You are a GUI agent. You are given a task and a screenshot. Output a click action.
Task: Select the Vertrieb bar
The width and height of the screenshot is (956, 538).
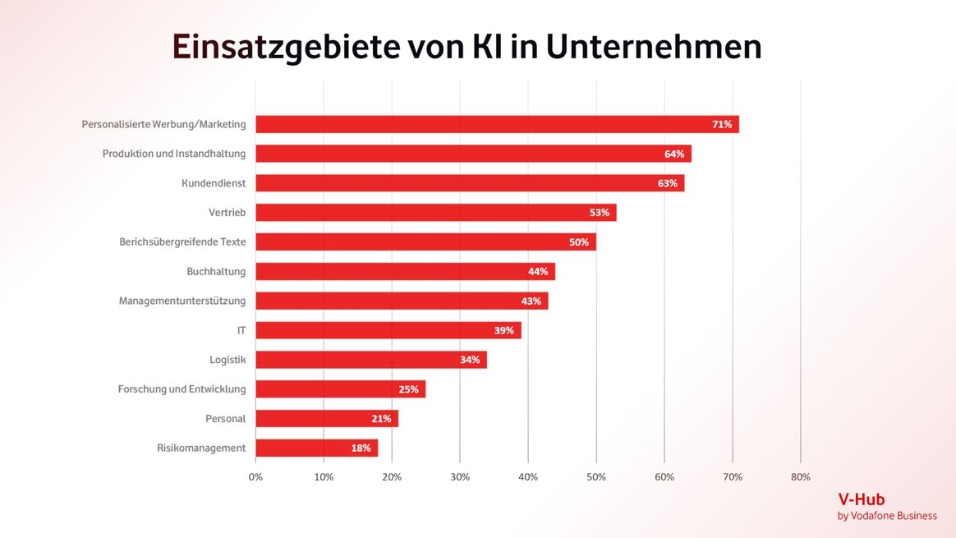tap(436, 213)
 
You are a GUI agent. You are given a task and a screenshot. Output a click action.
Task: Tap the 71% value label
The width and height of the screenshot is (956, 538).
tap(722, 125)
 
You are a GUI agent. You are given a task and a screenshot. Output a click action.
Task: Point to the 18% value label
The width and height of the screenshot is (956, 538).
tap(361, 448)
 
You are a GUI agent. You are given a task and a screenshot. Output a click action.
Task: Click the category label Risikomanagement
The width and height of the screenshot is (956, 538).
tap(201, 448)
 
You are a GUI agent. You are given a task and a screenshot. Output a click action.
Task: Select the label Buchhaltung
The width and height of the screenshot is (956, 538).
tap(216, 271)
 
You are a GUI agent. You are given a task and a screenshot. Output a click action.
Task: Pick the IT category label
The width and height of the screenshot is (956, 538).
tap(241, 330)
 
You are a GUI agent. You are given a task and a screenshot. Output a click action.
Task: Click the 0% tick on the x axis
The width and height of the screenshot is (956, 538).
tap(255, 477)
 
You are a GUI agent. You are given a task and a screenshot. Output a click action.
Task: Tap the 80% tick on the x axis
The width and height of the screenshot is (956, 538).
tap(800, 477)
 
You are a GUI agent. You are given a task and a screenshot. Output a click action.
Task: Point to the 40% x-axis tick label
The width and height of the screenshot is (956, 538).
tap(527, 477)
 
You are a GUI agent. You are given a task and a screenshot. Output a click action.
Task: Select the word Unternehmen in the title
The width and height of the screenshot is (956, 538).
tap(654, 48)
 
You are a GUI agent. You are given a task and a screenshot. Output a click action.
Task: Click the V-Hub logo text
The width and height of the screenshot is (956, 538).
tap(861, 499)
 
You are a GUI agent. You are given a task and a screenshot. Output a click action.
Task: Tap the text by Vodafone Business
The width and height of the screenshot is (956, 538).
tap(887, 516)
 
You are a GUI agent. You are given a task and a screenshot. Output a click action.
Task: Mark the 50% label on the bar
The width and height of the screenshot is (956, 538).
tap(579, 242)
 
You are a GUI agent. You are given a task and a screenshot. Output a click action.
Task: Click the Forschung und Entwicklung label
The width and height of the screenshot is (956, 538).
tap(182, 389)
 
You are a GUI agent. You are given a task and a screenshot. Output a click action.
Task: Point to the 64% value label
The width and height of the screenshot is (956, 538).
tap(674, 154)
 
